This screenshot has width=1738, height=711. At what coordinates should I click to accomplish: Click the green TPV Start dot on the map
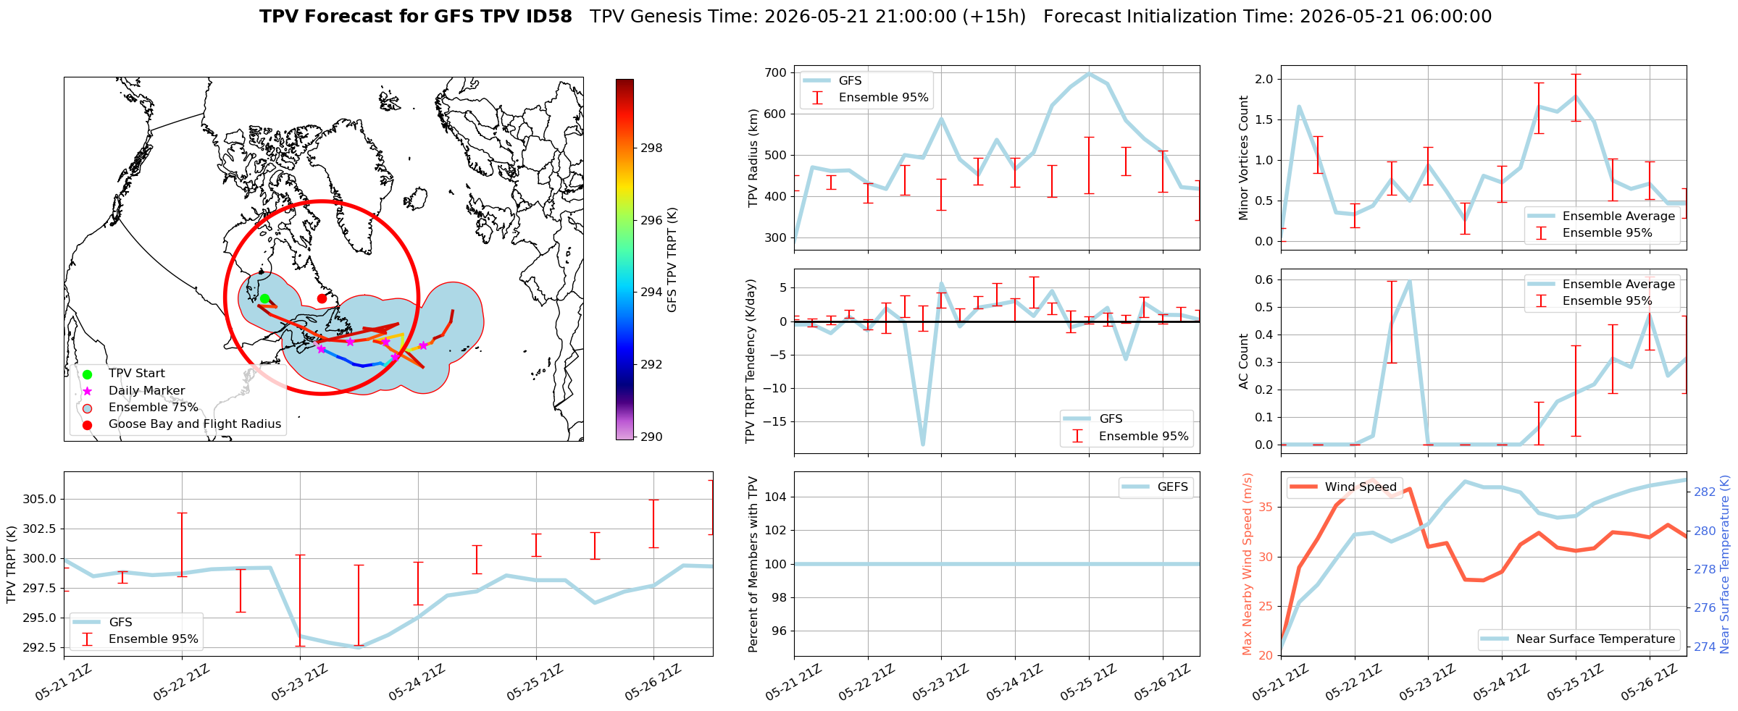click(264, 298)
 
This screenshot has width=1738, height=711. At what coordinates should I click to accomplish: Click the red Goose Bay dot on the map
click(322, 298)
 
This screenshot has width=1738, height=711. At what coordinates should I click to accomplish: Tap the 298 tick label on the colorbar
click(651, 148)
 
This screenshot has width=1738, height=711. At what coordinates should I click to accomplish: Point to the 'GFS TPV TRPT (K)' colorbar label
click(672, 260)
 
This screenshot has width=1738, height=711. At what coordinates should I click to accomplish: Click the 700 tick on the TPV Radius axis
click(775, 72)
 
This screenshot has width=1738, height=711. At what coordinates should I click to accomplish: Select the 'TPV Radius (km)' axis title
click(753, 158)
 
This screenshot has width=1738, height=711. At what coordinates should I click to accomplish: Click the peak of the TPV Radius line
click(1089, 73)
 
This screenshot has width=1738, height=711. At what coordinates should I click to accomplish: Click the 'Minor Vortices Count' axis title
click(1244, 158)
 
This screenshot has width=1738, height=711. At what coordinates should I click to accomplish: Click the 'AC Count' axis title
click(1244, 361)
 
